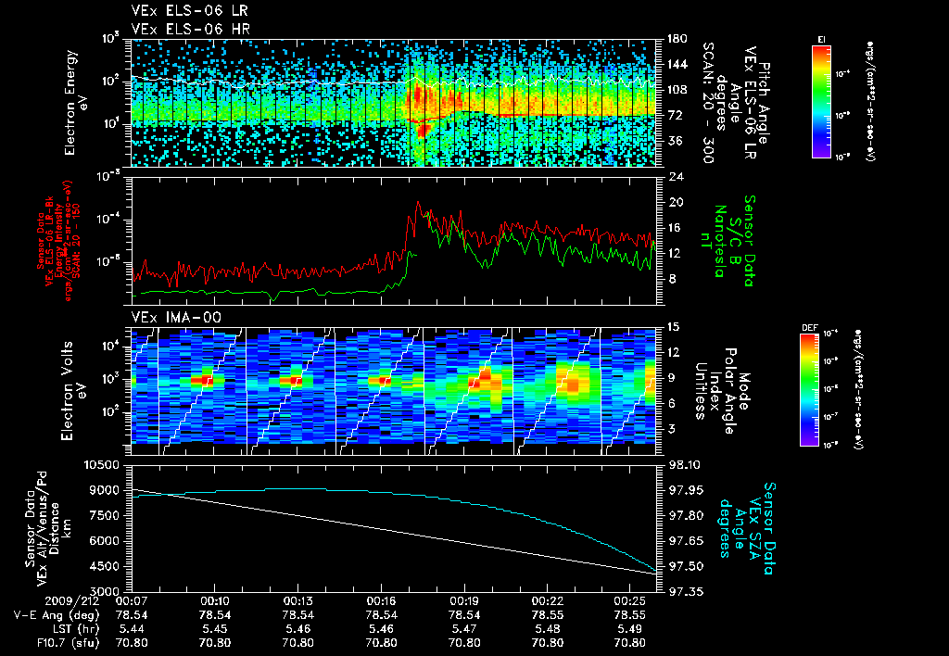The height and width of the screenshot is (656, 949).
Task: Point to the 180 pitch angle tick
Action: [677, 38]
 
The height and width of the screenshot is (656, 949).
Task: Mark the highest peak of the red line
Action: [418, 202]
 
